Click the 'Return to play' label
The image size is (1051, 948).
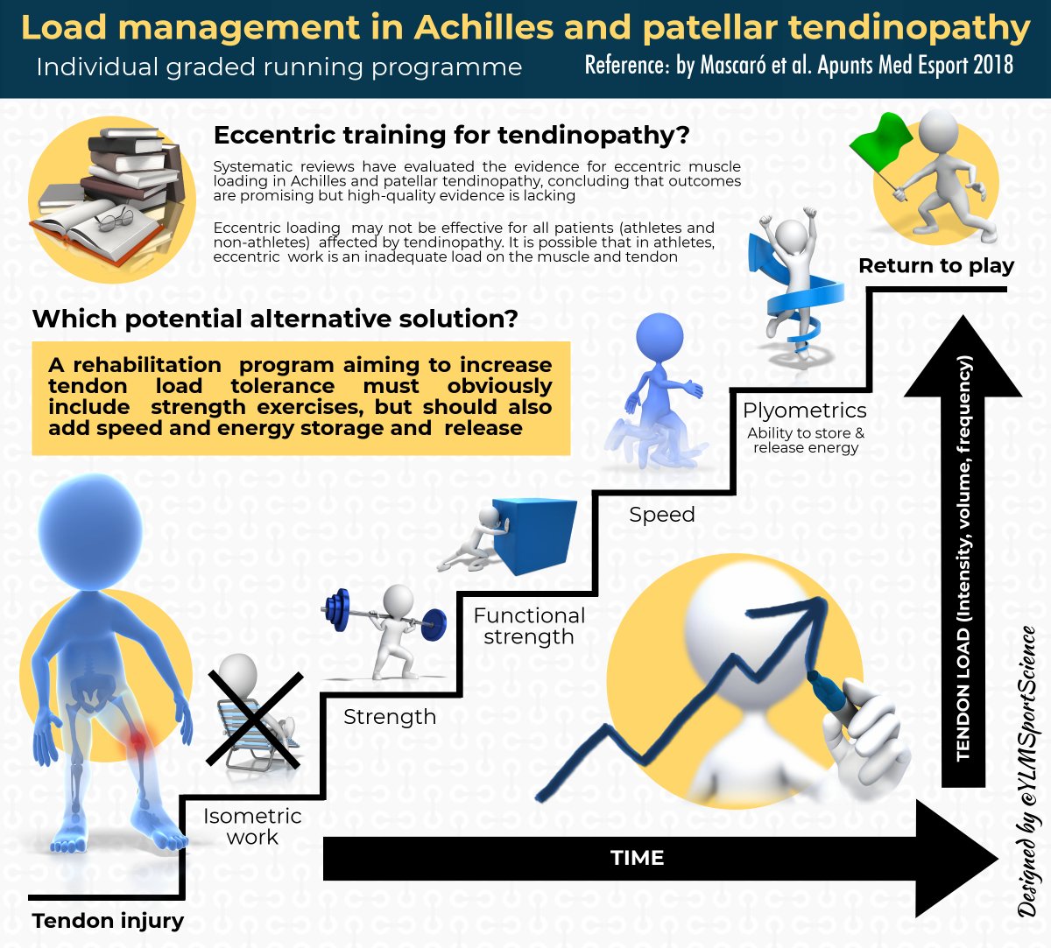936,266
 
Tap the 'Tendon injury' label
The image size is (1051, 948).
108,921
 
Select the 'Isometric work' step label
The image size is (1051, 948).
252,826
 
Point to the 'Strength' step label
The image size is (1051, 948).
390,717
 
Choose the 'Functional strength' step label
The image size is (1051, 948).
529,626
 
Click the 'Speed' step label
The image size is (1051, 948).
662,515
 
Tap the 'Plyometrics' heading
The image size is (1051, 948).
805,411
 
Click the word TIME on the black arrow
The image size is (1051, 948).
637,858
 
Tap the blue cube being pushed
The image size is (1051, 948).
534,536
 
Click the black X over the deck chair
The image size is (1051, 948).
255,720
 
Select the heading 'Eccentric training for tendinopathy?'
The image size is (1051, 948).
452,136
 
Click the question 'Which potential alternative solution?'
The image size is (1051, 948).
275,319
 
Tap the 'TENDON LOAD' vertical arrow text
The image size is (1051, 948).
963,560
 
